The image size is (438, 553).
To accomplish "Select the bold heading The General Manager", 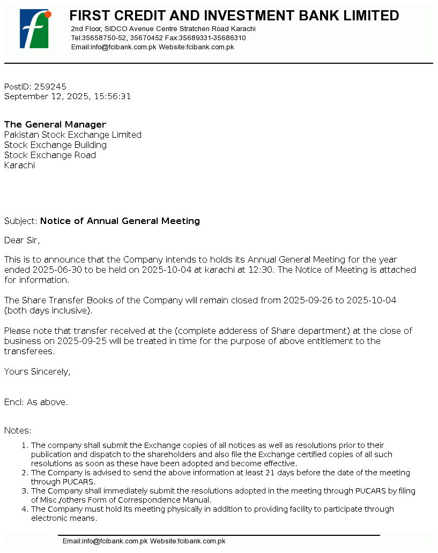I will pyautogui.click(x=55, y=124).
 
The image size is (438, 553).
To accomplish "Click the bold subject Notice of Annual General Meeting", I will pyautogui.click(x=120, y=221).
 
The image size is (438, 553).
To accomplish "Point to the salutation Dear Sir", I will pyautogui.click(x=22, y=240).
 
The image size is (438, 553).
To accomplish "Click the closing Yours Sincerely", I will pyautogui.click(x=37, y=371).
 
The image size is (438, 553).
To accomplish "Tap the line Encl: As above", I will pyautogui.click(x=36, y=402).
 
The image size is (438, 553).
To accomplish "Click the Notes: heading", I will pyautogui.click(x=18, y=430).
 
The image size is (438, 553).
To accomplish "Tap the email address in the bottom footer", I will pyautogui.click(x=105, y=541).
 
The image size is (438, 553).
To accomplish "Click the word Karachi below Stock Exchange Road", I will pyautogui.click(x=19, y=165).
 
